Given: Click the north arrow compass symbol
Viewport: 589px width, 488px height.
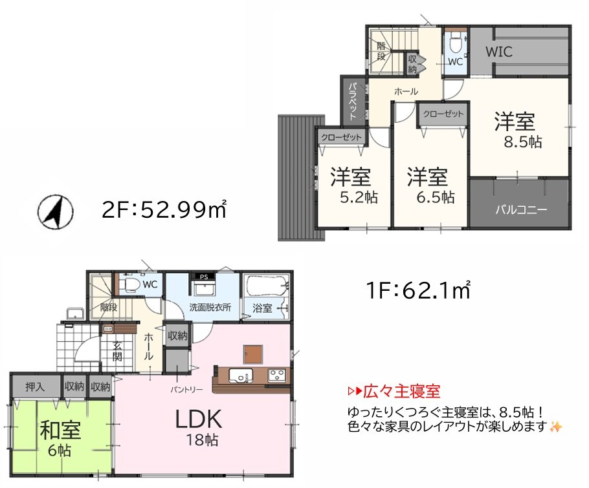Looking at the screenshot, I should point(53,211).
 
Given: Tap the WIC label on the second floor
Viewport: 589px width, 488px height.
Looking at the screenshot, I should point(499,51).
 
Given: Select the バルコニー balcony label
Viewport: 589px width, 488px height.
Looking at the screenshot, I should point(521,209).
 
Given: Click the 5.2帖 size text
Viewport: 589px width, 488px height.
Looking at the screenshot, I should point(359,197).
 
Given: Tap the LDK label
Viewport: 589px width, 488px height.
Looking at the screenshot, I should point(199,420).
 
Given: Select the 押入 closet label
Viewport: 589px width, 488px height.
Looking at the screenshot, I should point(34,387).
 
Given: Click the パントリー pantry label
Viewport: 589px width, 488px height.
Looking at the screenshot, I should point(187,390).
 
